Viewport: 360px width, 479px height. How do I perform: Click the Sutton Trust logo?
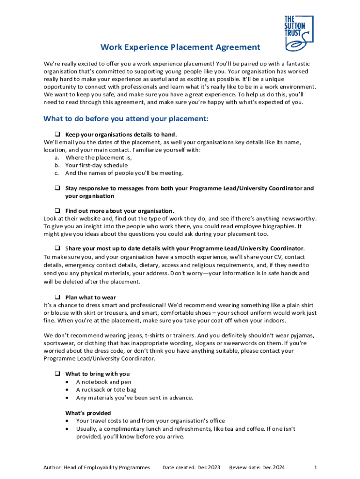[298, 34]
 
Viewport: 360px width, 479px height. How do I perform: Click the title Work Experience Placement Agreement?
[180, 47]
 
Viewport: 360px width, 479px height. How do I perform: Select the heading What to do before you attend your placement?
[125, 119]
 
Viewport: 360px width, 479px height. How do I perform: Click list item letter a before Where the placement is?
[57, 158]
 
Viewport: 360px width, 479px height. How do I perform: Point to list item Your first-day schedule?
[96, 165]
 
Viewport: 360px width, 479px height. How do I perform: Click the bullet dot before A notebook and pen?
[67, 382]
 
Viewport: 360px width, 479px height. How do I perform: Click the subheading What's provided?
[88, 413]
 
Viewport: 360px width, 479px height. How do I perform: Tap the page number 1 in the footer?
[316, 467]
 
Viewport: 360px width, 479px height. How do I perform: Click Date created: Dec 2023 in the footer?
[191, 467]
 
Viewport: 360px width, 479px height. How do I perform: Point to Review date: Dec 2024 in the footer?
[257, 467]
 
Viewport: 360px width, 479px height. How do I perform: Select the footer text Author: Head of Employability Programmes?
[97, 467]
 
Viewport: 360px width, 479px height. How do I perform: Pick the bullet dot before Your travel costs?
[67, 421]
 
